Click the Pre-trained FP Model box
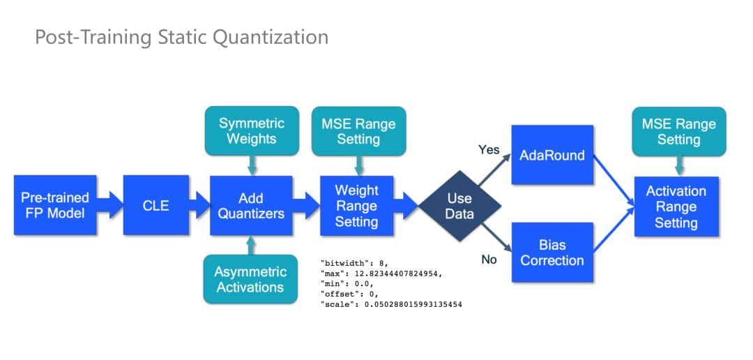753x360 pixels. coord(55,204)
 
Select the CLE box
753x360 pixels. coord(155,204)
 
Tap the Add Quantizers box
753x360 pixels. coord(251,205)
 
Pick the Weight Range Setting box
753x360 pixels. coord(356,206)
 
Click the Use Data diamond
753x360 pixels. coord(459,206)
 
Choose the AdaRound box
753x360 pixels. coord(552,155)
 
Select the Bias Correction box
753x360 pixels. coord(552,253)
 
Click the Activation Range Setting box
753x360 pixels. coord(676,207)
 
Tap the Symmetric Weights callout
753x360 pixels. coord(252,130)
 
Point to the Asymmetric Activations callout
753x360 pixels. coord(250,279)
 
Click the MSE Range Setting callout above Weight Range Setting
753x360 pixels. coord(359,131)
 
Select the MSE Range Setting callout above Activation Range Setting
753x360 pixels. coord(678,131)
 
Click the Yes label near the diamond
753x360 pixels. coord(489,149)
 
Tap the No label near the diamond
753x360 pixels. coord(489,260)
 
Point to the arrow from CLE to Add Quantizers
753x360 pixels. coord(199,205)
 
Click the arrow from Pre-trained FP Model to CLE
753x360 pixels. coord(110,204)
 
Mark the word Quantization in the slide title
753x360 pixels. coord(270,37)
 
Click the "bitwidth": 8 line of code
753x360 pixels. coord(354,263)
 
